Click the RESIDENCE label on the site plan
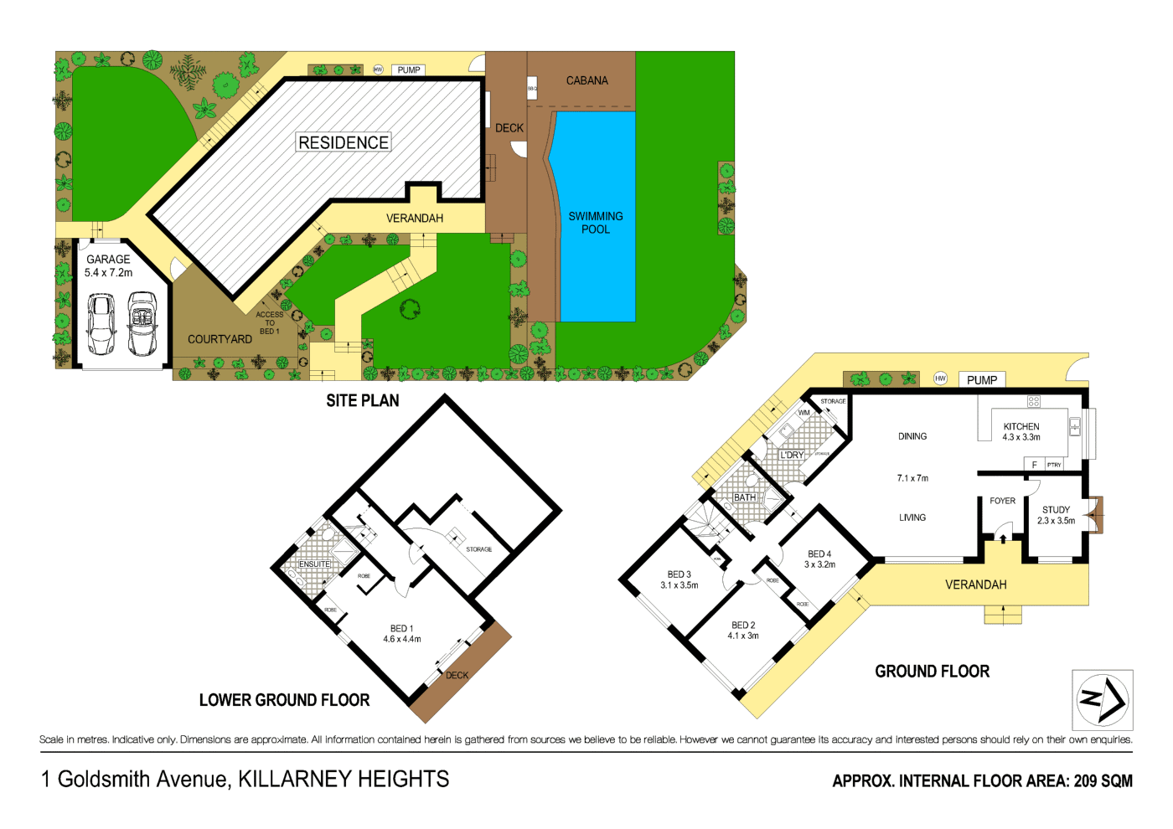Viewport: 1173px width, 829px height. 344,142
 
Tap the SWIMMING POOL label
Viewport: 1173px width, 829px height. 596,222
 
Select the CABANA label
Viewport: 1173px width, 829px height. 586,80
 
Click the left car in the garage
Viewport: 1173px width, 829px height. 101,324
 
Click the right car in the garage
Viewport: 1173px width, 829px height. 142,324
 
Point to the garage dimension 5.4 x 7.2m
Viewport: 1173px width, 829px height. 108,272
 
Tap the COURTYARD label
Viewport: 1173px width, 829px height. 220,339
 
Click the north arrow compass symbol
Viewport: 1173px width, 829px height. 1102,699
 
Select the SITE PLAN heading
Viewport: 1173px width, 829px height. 362,401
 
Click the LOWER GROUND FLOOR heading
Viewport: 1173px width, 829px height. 284,700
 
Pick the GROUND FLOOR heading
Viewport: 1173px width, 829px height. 932,672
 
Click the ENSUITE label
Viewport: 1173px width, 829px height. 314,564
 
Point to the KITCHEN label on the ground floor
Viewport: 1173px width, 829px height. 1021,426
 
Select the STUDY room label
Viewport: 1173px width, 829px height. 1056,509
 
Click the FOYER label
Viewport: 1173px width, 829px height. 1002,501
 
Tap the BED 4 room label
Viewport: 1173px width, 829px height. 819,554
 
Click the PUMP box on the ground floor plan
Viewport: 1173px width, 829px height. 981,380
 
